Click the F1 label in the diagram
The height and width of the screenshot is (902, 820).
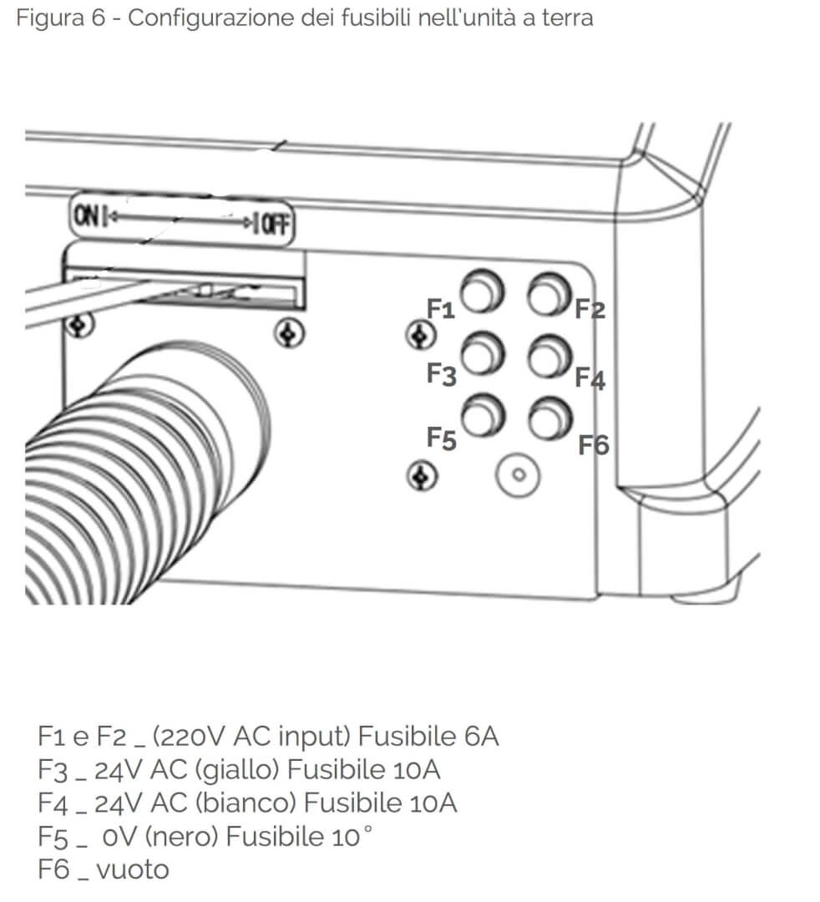(x=440, y=310)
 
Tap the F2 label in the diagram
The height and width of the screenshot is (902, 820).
(x=590, y=310)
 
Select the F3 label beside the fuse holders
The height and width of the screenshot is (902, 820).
(x=441, y=374)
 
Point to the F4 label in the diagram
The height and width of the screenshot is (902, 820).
(x=590, y=379)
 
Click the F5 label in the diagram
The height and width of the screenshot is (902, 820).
(x=441, y=438)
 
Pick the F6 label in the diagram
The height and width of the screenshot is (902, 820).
(x=594, y=445)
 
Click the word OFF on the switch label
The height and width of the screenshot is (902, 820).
(x=275, y=223)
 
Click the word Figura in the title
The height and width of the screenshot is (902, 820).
(x=51, y=18)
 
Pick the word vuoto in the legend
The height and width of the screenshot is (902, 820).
(x=133, y=870)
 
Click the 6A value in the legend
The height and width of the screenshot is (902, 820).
(x=482, y=737)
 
